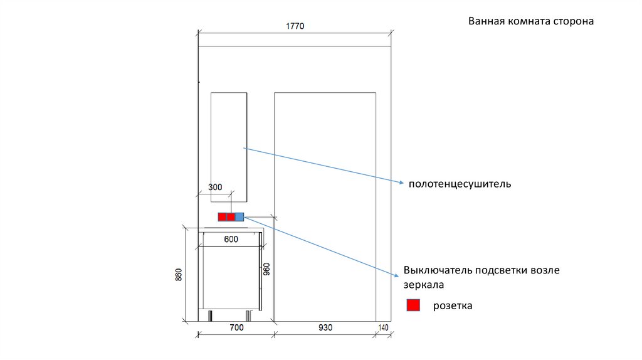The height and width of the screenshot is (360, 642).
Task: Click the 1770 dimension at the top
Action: [295, 26]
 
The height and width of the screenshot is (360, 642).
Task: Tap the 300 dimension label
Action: [215, 187]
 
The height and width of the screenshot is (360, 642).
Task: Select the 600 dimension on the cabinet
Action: [231, 239]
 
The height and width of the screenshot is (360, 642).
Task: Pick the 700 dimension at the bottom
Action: [236, 327]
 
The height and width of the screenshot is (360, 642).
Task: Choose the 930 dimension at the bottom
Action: [325, 327]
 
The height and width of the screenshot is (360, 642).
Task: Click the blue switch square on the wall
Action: [239, 217]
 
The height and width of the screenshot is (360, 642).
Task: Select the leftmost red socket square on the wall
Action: [222, 217]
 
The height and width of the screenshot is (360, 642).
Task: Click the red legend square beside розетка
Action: [413, 305]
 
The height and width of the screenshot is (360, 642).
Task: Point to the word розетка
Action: [452, 306]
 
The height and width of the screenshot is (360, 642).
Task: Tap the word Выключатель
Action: [438, 270]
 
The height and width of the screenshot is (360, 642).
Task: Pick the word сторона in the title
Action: [572, 21]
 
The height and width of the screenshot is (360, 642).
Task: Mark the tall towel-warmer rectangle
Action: [229, 147]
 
